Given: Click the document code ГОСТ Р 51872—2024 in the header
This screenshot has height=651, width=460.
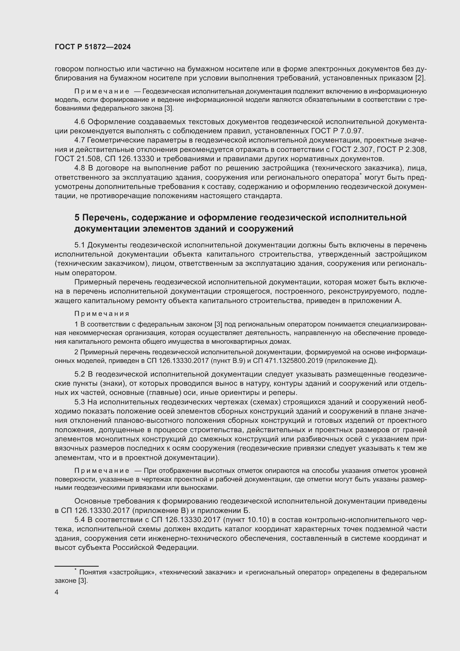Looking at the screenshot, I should tap(93, 47).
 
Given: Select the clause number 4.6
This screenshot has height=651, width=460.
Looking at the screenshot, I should tap(80, 122).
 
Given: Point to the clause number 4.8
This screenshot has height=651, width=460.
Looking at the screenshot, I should tap(80, 168).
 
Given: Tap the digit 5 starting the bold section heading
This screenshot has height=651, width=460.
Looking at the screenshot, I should tap(77, 218).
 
